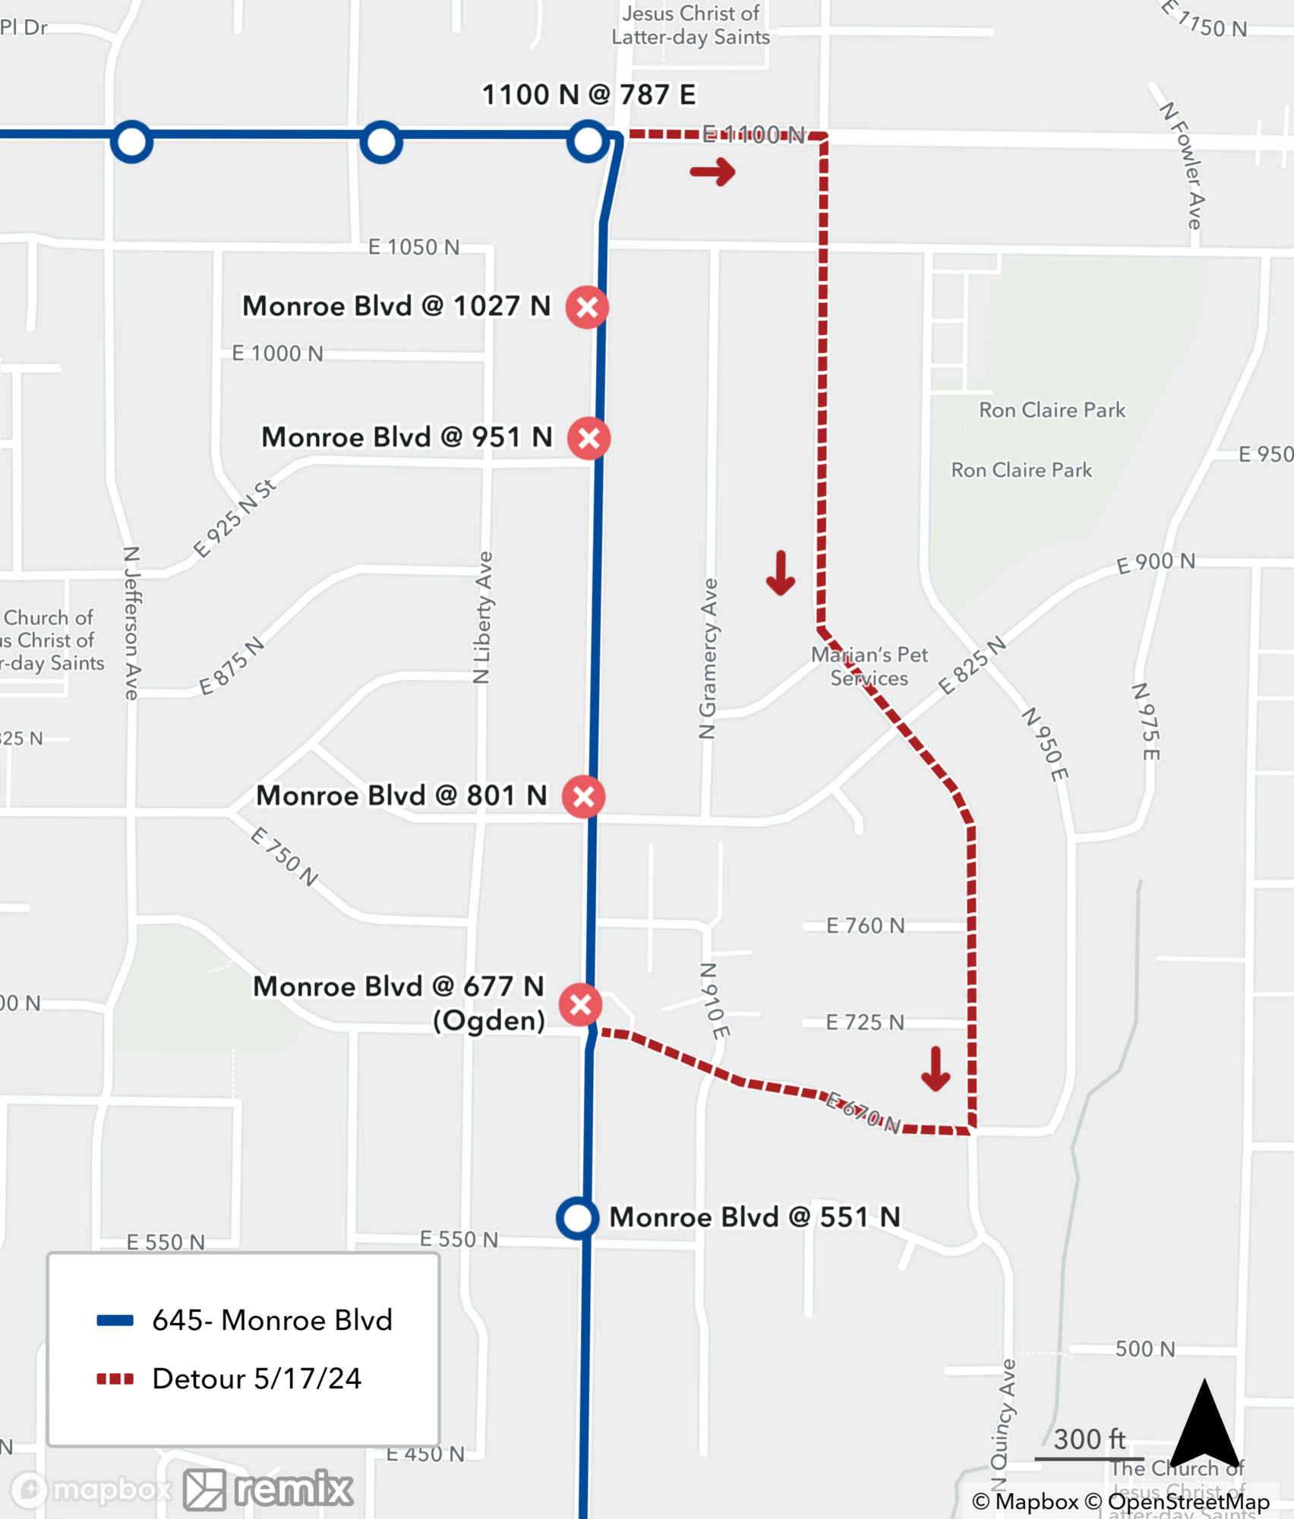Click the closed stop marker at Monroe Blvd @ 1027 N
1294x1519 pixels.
pyautogui.click(x=587, y=308)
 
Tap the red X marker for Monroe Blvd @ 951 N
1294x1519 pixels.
pyautogui.click(x=589, y=438)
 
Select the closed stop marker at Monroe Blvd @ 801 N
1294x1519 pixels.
pyautogui.click(x=583, y=797)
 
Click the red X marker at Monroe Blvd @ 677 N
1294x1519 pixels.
pyautogui.click(x=581, y=1005)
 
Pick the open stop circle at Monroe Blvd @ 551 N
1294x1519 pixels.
pyautogui.click(x=577, y=1218)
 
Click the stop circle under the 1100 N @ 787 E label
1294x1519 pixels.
pyautogui.click(x=588, y=141)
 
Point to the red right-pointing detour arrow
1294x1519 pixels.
pyautogui.click(x=712, y=172)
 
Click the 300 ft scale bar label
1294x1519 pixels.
pyautogui.click(x=1089, y=1439)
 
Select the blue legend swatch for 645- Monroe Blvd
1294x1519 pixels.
pyautogui.click(x=115, y=1321)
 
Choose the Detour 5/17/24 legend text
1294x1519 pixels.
pyautogui.click(x=257, y=1378)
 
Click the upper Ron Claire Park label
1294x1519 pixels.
pyautogui.click(x=1052, y=410)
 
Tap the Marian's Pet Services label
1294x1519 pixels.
pyautogui.click(x=870, y=666)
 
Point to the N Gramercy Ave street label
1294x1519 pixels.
pyautogui.click(x=709, y=658)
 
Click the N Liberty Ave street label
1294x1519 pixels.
pyautogui.click(x=483, y=617)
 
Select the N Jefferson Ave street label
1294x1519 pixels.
pyautogui.click(x=132, y=623)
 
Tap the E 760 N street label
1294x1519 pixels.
pyautogui.click(x=865, y=925)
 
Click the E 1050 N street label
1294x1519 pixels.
pyautogui.click(x=414, y=247)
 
